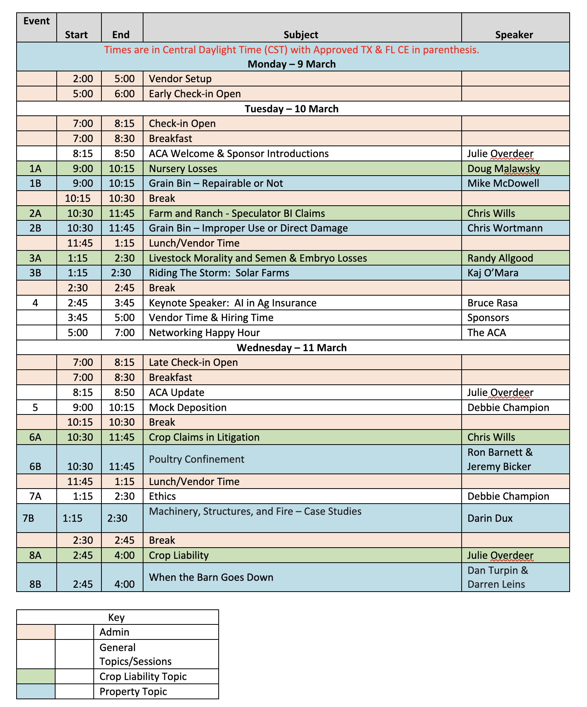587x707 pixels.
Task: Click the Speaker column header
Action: coord(514,35)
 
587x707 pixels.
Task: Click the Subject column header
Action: coord(301,35)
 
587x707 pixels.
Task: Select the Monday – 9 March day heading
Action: coord(292,64)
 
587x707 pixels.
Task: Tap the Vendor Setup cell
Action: coord(180,79)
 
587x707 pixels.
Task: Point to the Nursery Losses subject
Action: coord(183,169)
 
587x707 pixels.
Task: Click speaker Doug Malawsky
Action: coord(503,169)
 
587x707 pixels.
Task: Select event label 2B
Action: coord(35,228)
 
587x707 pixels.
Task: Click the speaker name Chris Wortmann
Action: coord(505,228)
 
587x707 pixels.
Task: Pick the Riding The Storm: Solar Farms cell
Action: coord(219,273)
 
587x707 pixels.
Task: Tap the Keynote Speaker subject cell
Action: coord(233,303)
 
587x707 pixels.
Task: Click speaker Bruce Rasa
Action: coord(492,303)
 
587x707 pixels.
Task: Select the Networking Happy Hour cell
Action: coord(204,333)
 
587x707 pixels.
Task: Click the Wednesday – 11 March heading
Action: coord(292,348)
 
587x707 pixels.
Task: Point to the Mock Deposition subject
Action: coord(187,408)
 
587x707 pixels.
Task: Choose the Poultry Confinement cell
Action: coord(196,459)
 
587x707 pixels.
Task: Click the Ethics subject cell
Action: coord(162,496)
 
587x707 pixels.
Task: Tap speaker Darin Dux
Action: coord(490,518)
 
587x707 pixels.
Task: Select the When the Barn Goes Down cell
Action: coord(211,577)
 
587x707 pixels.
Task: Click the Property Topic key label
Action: coord(133,692)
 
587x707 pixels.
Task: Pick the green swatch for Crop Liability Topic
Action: coord(35,677)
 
